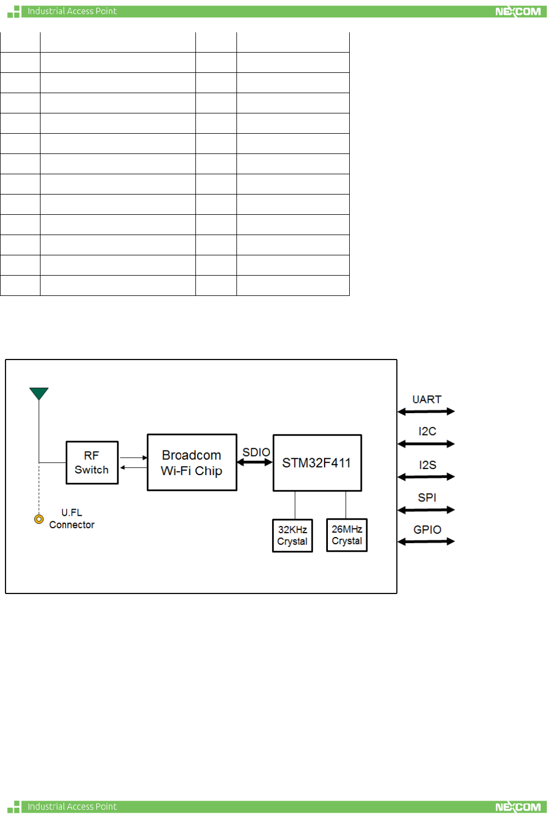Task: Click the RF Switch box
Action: (x=92, y=463)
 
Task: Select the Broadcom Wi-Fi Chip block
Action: (x=192, y=463)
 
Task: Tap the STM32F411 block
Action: (x=317, y=463)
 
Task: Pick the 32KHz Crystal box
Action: (x=292, y=535)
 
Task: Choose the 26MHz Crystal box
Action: (x=346, y=535)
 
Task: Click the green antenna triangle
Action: (x=39, y=393)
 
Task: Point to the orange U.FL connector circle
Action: (x=39, y=519)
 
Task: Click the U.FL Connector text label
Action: (x=72, y=518)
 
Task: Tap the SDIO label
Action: (x=256, y=452)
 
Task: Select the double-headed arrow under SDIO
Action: (x=255, y=463)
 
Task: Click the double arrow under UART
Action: (x=426, y=411)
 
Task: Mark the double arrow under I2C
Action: (x=426, y=444)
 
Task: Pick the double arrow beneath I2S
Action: (x=426, y=477)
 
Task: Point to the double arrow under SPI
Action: (x=426, y=510)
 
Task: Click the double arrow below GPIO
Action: (x=426, y=541)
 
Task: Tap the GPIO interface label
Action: (x=427, y=529)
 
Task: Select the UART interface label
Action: (x=426, y=399)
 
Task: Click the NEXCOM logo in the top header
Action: (x=518, y=12)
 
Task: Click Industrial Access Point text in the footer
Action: (x=72, y=807)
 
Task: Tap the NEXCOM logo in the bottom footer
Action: (x=518, y=807)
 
